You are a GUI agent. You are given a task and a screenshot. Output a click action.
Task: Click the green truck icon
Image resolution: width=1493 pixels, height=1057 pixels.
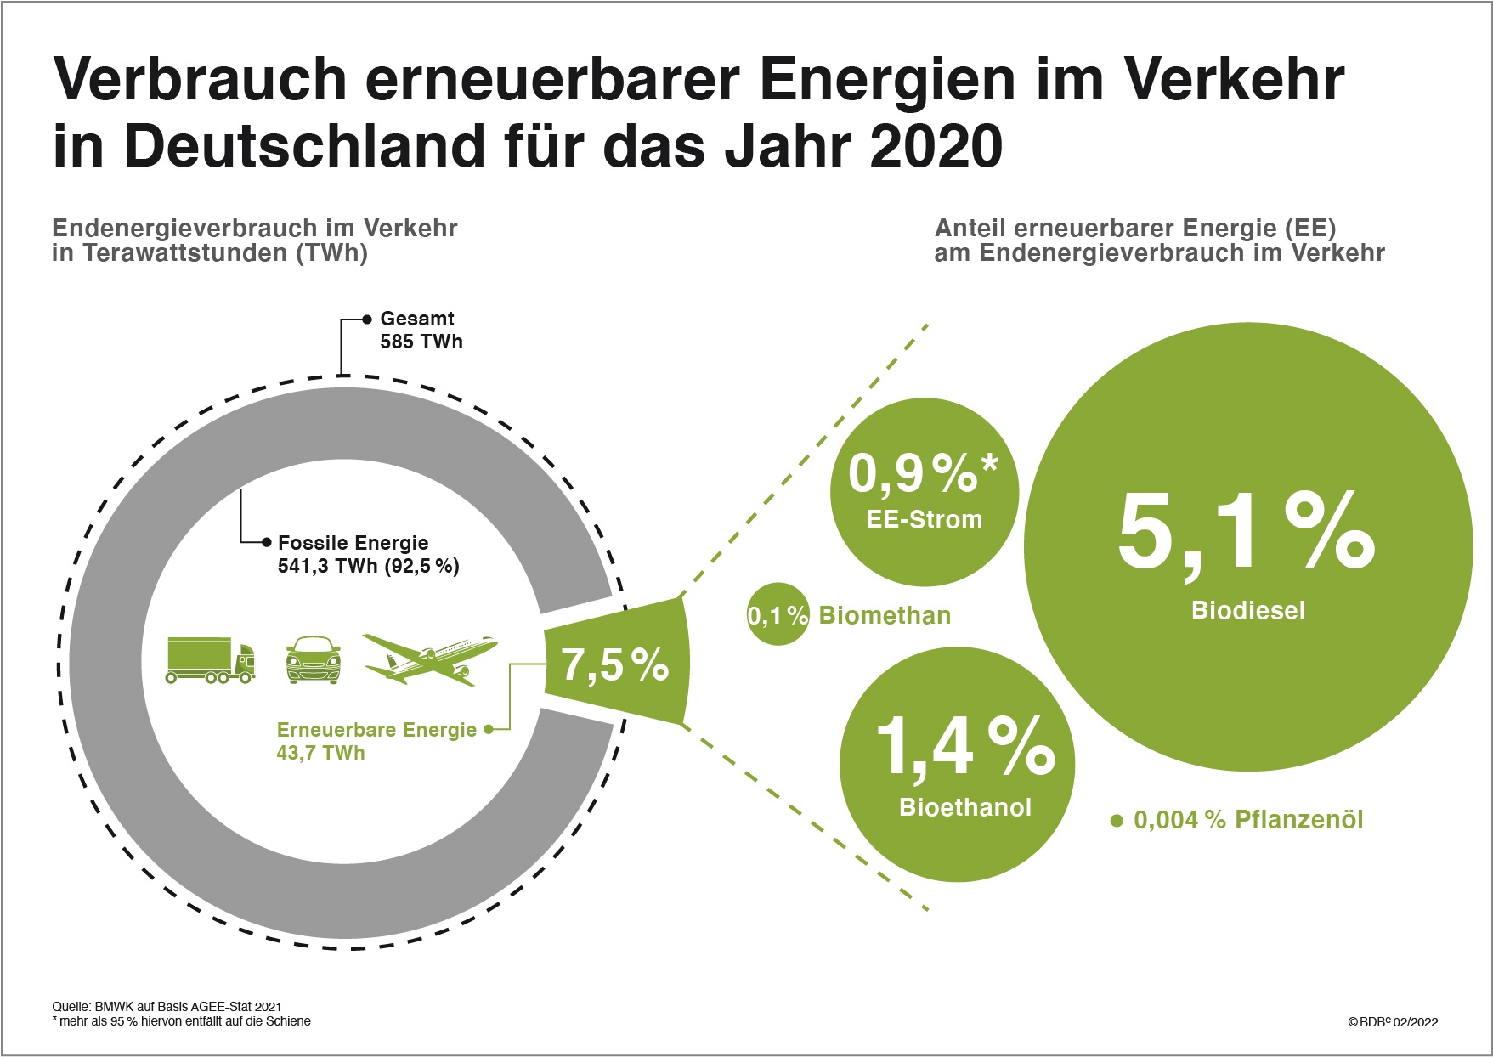[210, 660]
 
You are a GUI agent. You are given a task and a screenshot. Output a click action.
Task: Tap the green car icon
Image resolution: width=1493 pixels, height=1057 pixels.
[314, 659]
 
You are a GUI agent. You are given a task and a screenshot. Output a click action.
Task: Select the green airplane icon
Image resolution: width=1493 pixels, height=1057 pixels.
[430, 659]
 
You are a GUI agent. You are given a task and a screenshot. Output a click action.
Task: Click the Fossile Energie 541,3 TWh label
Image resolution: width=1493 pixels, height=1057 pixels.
[367, 555]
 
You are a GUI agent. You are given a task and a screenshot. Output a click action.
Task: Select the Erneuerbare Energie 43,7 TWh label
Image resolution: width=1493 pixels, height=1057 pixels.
[376, 741]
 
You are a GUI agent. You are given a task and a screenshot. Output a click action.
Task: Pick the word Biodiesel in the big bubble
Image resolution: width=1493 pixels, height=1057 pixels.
[1247, 610]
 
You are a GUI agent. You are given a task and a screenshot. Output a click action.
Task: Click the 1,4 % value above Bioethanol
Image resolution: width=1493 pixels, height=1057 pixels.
[964, 746]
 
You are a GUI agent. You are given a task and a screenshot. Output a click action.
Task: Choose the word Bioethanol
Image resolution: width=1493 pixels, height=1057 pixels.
[965, 807]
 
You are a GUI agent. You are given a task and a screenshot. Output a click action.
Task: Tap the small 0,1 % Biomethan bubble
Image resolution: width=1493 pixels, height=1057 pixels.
[778, 614]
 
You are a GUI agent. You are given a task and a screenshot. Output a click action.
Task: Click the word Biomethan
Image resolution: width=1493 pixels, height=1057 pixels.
[885, 615]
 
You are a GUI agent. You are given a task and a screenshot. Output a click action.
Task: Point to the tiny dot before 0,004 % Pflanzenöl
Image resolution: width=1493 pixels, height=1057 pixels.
[1117, 821]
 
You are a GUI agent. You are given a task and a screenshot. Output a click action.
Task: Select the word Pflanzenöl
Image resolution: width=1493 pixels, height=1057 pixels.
[1298, 820]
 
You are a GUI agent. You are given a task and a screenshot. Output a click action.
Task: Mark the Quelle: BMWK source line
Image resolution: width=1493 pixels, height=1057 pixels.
[167, 1006]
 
